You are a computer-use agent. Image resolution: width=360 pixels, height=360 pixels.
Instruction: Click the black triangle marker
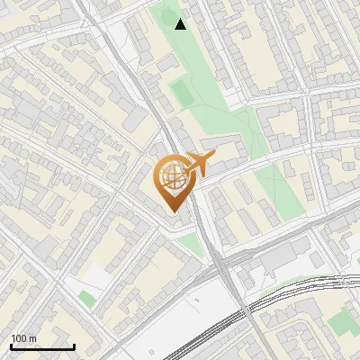point(181,24)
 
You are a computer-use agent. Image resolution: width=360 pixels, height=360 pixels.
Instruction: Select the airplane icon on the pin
point(197,164)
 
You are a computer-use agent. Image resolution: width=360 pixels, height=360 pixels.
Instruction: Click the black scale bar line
point(42,346)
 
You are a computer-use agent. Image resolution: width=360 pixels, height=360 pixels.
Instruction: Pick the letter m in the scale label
point(32,338)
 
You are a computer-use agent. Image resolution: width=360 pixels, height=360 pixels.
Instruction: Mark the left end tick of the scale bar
point(11,345)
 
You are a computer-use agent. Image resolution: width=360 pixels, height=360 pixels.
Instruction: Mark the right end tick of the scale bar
point(74,345)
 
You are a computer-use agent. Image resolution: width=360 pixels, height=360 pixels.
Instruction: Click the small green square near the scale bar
point(86,298)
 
